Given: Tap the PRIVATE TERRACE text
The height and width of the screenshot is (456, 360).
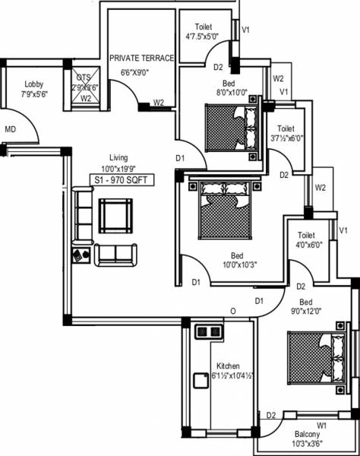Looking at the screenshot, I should (x=142, y=58).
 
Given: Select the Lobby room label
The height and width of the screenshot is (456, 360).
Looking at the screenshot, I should (x=33, y=84).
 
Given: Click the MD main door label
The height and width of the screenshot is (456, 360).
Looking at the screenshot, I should (x=11, y=129).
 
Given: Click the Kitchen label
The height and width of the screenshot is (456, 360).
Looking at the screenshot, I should (x=228, y=365).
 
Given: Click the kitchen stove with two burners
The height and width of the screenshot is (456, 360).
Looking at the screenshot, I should (x=207, y=331).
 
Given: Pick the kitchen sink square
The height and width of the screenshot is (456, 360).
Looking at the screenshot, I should (x=201, y=382).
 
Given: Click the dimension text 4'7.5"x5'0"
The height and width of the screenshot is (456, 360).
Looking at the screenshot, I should (x=201, y=36).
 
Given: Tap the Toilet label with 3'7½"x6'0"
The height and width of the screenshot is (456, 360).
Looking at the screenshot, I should (x=286, y=128).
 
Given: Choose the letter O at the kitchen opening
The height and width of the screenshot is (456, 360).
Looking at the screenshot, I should (x=234, y=312).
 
